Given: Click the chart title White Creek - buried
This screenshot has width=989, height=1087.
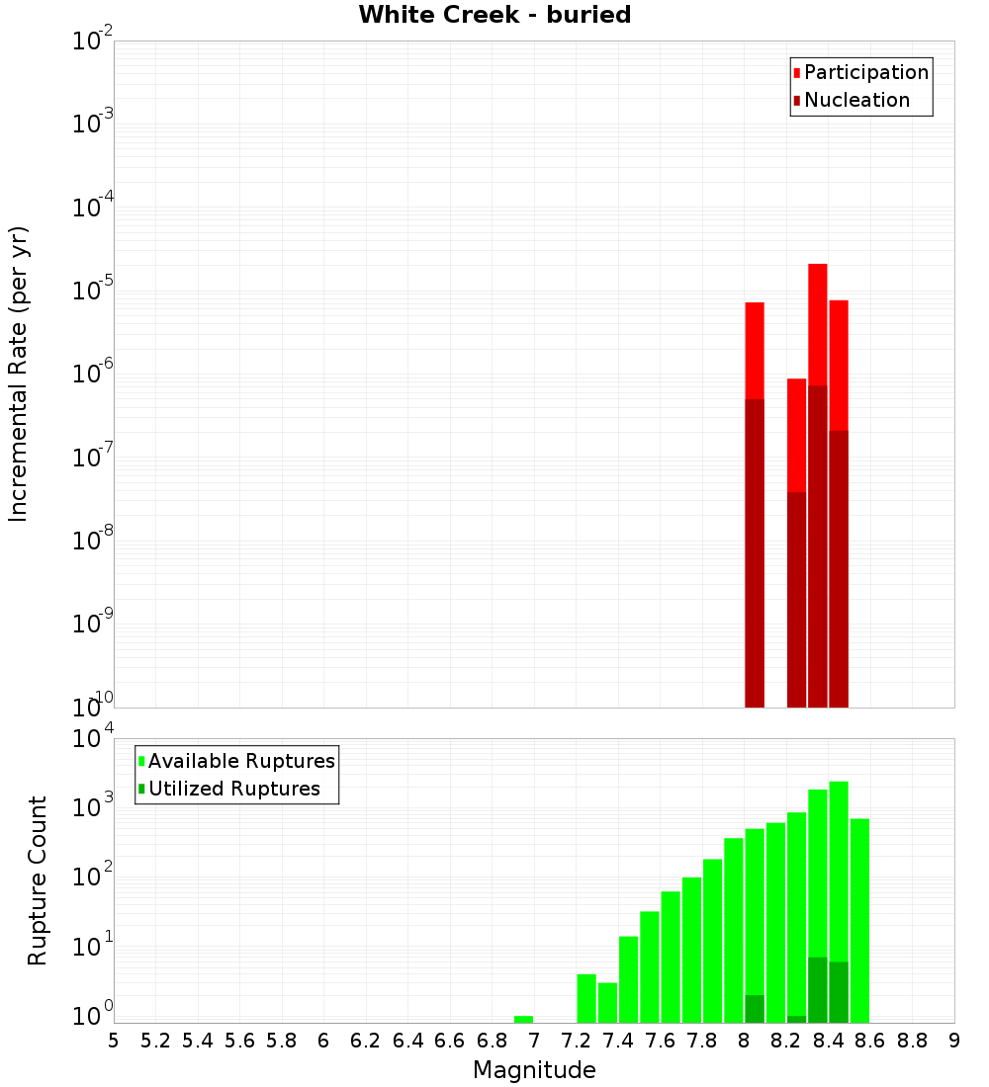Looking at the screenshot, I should [x=494, y=15].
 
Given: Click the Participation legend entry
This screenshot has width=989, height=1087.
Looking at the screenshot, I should [x=865, y=72].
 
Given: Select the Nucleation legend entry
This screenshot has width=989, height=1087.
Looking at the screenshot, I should [x=855, y=100].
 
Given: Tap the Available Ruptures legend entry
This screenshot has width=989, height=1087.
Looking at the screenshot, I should [x=240, y=761].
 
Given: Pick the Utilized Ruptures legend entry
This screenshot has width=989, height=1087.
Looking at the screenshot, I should [x=233, y=789].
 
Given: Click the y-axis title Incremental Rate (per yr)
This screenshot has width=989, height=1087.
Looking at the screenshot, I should [x=19, y=374].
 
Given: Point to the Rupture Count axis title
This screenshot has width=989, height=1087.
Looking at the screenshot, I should [x=38, y=880].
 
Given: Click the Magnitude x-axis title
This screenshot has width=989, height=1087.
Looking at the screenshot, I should [x=534, y=1070].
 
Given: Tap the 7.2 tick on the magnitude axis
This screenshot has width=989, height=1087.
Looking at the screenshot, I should [x=577, y=1041].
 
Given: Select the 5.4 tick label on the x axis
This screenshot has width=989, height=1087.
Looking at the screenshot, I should [x=198, y=1041].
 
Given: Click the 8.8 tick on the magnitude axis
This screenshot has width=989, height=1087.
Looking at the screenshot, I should [x=913, y=1041].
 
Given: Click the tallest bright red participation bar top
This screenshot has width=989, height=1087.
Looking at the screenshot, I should [x=817, y=266].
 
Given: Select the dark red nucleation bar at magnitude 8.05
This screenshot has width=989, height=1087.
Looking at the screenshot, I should [x=755, y=553].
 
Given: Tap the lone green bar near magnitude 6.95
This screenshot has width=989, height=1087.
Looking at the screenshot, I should [x=523, y=1019].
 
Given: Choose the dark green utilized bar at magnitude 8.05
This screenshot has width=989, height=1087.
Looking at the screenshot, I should [x=755, y=1009].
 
